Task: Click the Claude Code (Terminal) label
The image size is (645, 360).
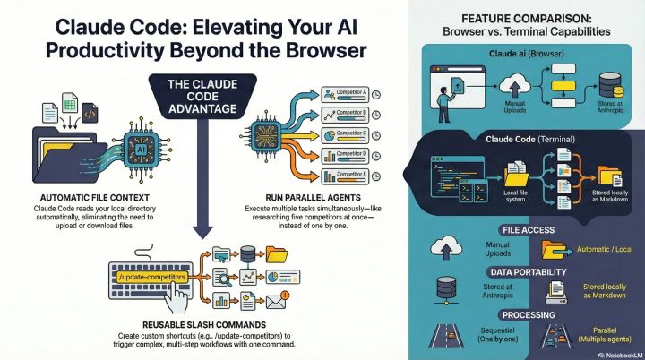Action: click(x=527, y=141)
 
